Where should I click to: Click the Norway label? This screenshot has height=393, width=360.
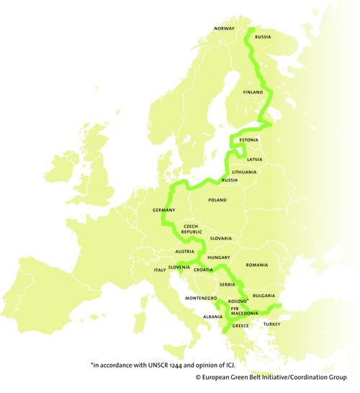coord(225,29)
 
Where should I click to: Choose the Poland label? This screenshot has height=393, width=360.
coord(217,200)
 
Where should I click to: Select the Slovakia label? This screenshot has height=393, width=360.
coord(221,238)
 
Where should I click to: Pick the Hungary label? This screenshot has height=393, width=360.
coord(217,257)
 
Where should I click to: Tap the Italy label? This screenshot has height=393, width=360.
coord(160,270)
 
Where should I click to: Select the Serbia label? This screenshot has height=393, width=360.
coord(228,285)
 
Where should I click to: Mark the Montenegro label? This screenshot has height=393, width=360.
coord(201,298)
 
